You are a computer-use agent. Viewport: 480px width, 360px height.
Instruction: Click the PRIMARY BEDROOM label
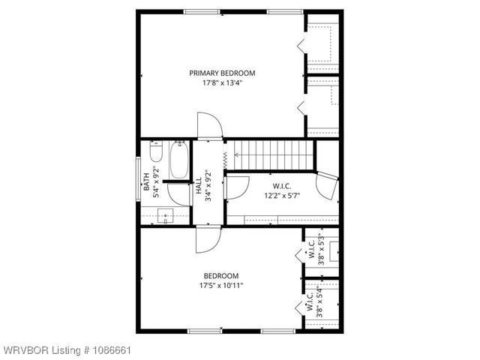click(x=222, y=73)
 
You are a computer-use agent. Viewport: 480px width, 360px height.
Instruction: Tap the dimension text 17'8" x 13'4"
click(x=222, y=83)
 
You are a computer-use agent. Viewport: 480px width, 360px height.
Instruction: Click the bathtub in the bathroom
click(x=179, y=159)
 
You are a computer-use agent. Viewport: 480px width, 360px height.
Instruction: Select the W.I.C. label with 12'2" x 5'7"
click(x=281, y=187)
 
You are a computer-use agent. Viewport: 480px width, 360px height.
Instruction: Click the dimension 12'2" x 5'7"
click(x=281, y=196)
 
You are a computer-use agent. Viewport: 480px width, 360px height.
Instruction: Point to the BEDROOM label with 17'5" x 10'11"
click(x=222, y=275)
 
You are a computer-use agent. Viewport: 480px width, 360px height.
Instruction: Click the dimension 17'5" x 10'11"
click(x=222, y=286)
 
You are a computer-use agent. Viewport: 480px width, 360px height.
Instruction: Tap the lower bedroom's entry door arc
click(x=206, y=241)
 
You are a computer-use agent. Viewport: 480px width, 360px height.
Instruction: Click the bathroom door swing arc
click(x=178, y=193)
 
